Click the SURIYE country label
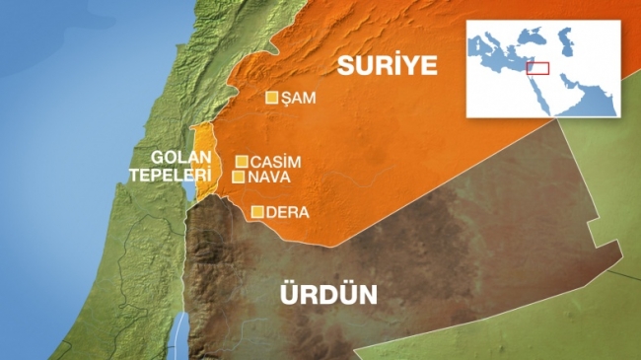(x=387, y=66)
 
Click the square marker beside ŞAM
(x=273, y=98)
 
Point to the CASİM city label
(x=275, y=162)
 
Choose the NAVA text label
(x=268, y=178)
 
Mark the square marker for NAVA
(x=239, y=178)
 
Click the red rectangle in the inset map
(x=537, y=68)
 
